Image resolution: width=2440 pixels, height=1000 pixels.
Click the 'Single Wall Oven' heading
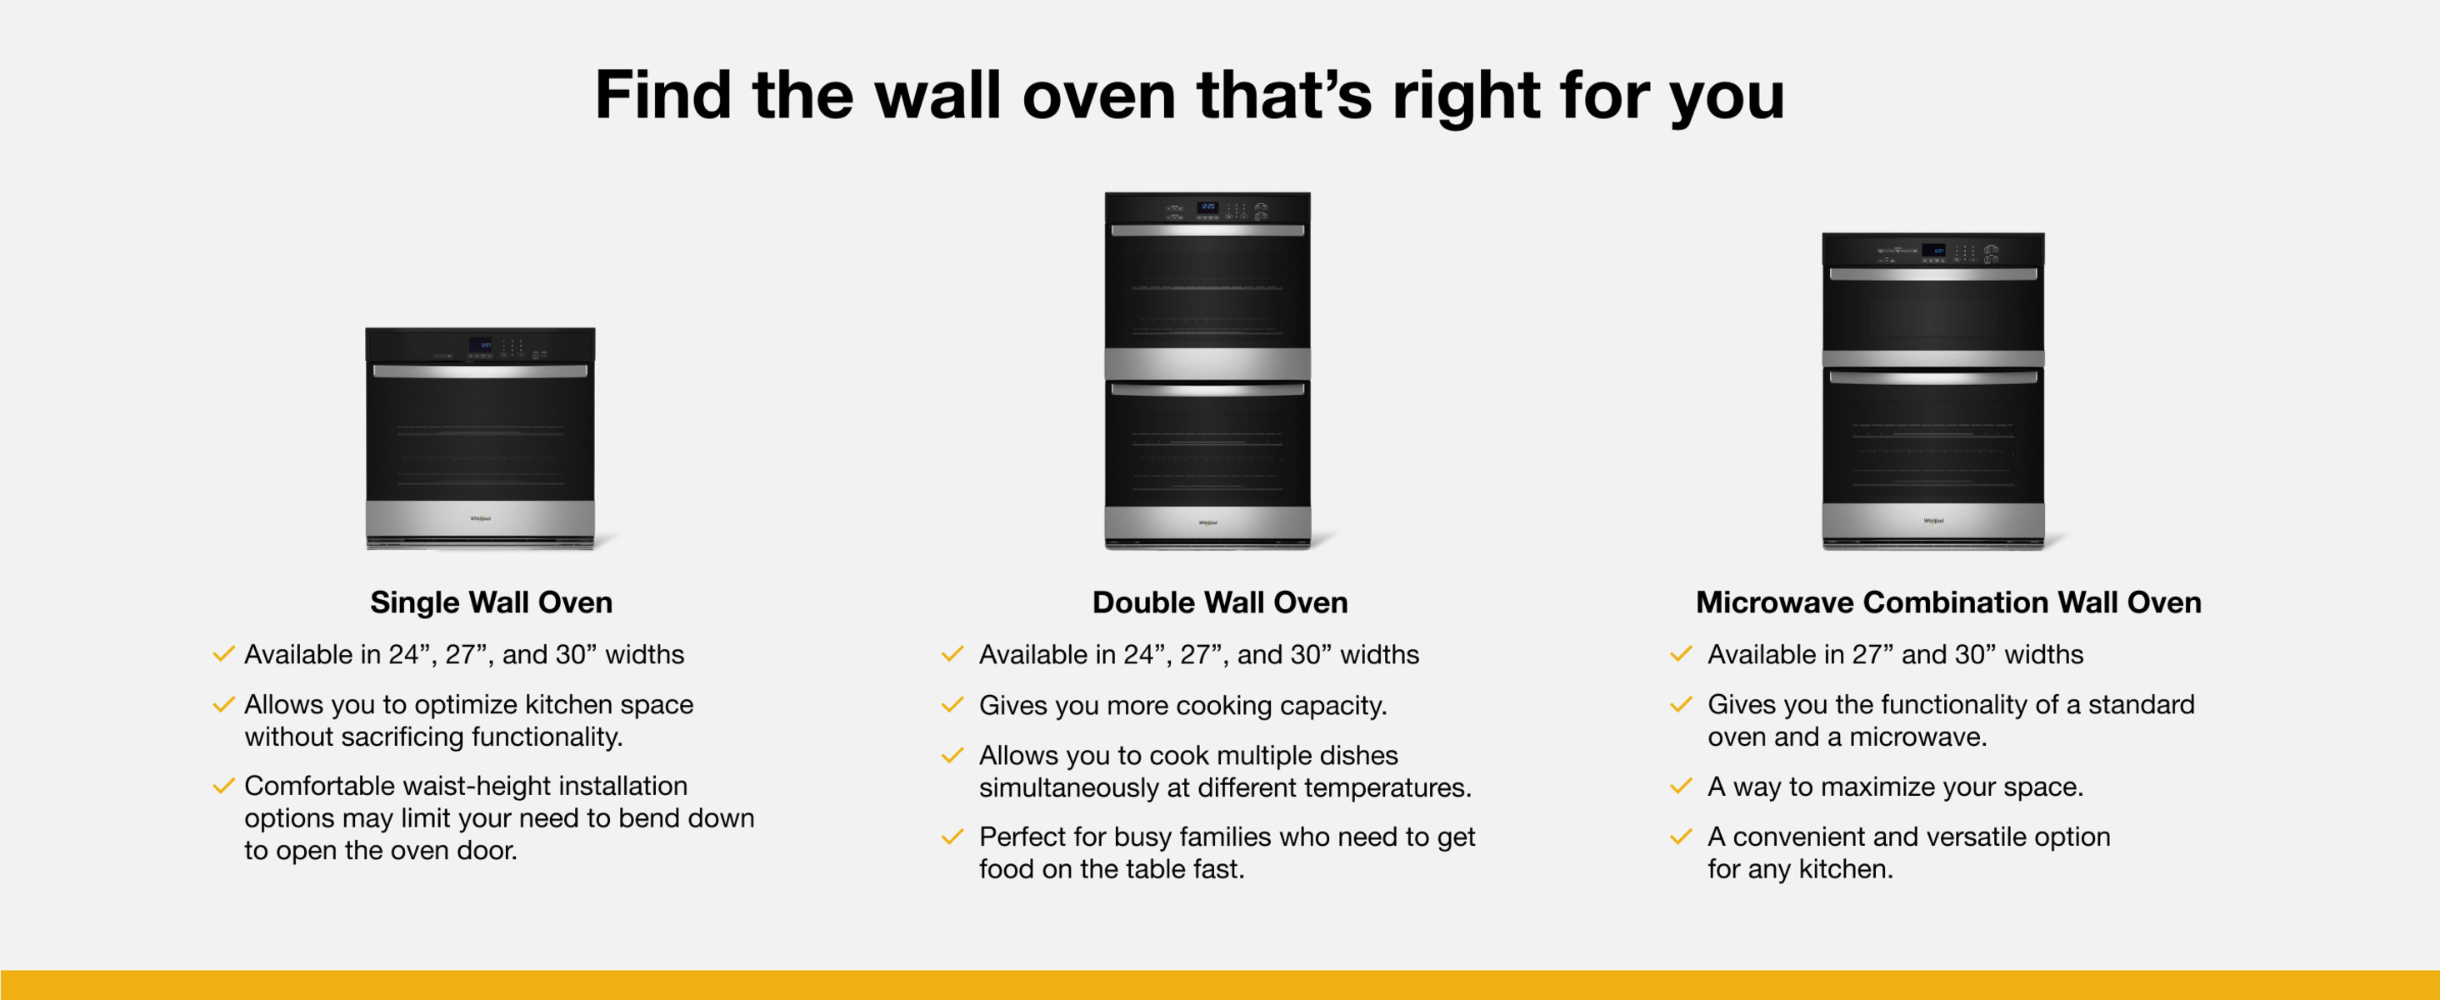tap(491, 602)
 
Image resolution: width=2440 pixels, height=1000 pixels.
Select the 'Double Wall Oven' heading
tap(1220, 602)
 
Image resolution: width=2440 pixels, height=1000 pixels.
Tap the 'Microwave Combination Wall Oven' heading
tap(1948, 602)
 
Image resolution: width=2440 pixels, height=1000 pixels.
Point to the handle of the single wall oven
tap(480, 371)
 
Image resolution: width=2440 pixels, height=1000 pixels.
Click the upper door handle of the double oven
tap(1207, 230)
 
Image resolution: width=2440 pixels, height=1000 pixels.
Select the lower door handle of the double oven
tap(1207, 389)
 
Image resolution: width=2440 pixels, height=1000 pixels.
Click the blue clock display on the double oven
tap(1207, 207)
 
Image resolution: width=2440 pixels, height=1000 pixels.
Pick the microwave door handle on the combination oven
tap(1933, 273)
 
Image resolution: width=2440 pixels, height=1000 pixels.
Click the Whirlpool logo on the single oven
tap(480, 519)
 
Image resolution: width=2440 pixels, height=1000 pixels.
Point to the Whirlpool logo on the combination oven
tap(1933, 521)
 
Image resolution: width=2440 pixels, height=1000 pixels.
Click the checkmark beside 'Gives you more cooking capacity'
tap(952, 706)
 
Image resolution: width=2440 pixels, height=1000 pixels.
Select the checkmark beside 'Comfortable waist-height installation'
tap(223, 786)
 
